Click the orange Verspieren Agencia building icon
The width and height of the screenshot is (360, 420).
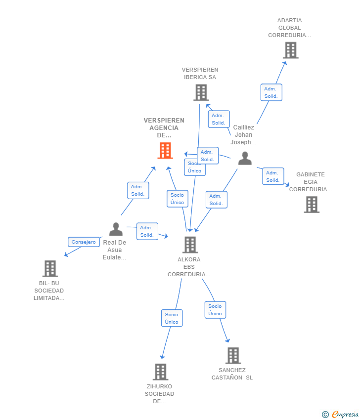(x=165, y=150)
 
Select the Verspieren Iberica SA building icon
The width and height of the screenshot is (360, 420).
(x=201, y=92)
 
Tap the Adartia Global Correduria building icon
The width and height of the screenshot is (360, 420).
(x=290, y=50)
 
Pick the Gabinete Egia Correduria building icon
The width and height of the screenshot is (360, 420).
(x=312, y=204)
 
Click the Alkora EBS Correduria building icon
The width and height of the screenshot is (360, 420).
(x=190, y=245)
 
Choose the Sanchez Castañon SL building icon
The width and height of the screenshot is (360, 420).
(x=233, y=355)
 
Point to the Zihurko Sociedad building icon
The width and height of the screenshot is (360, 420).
(x=160, y=372)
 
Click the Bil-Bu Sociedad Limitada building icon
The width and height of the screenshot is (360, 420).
(x=50, y=268)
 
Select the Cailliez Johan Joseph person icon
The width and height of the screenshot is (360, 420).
(x=245, y=158)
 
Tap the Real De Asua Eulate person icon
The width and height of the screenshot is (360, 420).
(x=116, y=229)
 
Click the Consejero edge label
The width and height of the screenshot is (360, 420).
(x=84, y=242)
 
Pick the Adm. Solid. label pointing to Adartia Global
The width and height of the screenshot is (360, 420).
(x=271, y=92)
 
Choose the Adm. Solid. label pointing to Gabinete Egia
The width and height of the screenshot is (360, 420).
(x=273, y=176)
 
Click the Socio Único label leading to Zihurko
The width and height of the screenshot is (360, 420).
(x=172, y=318)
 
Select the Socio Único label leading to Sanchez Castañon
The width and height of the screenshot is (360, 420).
(x=215, y=310)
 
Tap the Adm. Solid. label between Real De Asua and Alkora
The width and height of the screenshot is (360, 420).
(x=147, y=231)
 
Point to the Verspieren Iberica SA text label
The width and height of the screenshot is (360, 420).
(x=200, y=73)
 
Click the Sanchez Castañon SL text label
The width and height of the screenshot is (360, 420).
(x=232, y=374)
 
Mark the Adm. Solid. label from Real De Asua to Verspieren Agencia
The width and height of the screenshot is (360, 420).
(x=138, y=190)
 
